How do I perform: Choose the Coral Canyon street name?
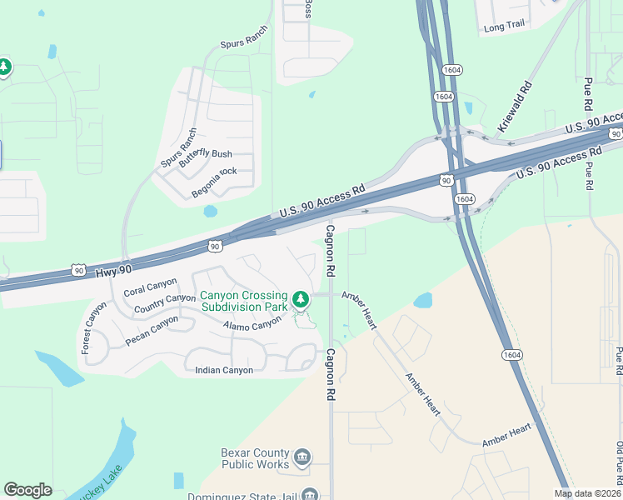coord(150,287)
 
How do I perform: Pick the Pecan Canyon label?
coord(152,330)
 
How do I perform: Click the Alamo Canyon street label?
coord(252,324)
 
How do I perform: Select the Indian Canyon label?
coord(223,370)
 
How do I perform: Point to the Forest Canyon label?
coord(94,327)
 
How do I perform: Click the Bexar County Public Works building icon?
coord(302,457)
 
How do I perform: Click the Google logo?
coord(27,490)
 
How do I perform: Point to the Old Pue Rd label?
coord(619,463)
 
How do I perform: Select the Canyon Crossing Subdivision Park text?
coord(244,301)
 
